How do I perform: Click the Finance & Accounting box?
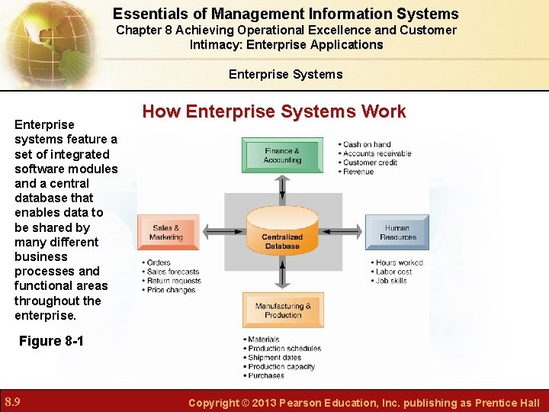[x=282, y=156]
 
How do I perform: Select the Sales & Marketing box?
[x=168, y=232]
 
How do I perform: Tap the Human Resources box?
[x=396, y=232]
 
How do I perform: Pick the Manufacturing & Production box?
[x=282, y=311]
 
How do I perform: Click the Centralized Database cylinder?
[x=282, y=232]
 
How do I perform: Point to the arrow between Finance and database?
[x=282, y=185]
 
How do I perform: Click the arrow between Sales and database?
[x=222, y=232]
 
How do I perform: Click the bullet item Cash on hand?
[x=367, y=144]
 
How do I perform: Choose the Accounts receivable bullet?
[x=377, y=153]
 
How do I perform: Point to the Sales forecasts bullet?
[x=172, y=272]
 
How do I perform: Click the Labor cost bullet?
[x=393, y=272]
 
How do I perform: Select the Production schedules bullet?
[x=284, y=349]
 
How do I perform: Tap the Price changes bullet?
[x=171, y=290]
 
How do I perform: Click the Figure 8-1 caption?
[x=51, y=341]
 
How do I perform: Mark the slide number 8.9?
[x=12, y=402]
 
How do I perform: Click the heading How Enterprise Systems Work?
[x=274, y=111]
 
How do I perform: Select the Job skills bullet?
[x=391, y=281]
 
